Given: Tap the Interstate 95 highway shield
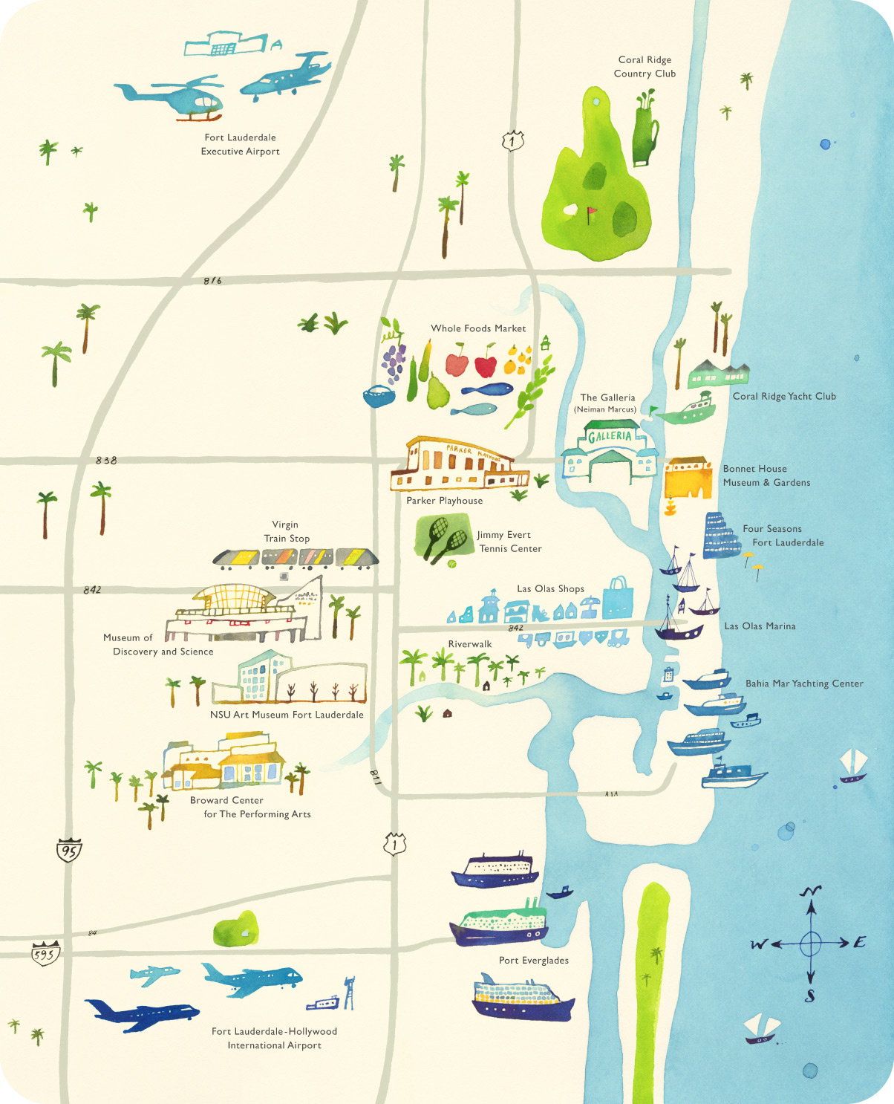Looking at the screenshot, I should pyautogui.click(x=69, y=850).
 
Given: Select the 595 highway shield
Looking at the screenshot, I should pyautogui.click(x=45, y=953).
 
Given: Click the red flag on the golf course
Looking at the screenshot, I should pyautogui.click(x=592, y=214).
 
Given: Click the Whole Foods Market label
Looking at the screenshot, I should pyautogui.click(x=478, y=328).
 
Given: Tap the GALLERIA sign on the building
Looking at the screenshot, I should pyautogui.click(x=610, y=436).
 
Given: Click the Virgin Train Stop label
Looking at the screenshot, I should pyautogui.click(x=287, y=531).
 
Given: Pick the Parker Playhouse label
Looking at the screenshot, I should pyautogui.click(x=444, y=501).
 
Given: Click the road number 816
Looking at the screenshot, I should pyautogui.click(x=212, y=281).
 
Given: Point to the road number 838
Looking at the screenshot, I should pyautogui.click(x=106, y=461).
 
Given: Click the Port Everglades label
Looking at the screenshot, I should pyautogui.click(x=533, y=961).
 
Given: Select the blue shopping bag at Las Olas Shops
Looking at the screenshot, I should pyautogui.click(x=618, y=598).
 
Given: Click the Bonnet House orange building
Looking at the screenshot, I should pyautogui.click(x=688, y=478).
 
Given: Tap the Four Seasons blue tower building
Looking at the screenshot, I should pyautogui.click(x=720, y=536).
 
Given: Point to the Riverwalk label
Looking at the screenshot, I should pyautogui.click(x=469, y=644).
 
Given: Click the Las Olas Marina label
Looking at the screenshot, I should pyautogui.click(x=760, y=626).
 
